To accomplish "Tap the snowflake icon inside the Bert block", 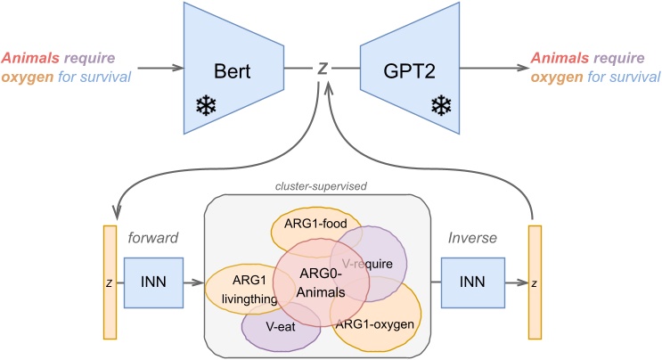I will (207, 107).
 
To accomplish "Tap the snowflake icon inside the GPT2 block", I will (440, 107).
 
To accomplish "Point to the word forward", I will (152, 238).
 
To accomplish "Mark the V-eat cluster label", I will (281, 326).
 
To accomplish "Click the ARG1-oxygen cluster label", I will (374, 324).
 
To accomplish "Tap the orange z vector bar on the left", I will (110, 284).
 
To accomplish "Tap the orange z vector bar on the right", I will (534, 284).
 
